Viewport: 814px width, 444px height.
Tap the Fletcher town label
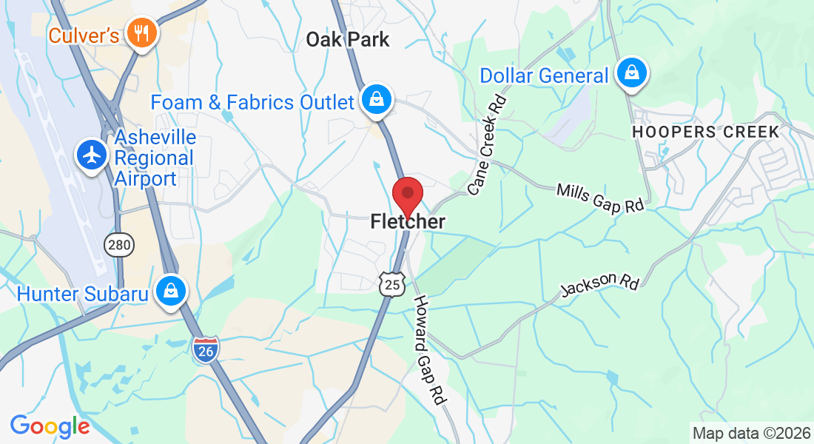point(408,221)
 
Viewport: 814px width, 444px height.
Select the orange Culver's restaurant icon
point(138,33)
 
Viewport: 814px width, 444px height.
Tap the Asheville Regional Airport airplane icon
point(92,155)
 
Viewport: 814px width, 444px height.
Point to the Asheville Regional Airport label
point(155,158)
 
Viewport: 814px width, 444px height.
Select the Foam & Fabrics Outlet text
point(252,102)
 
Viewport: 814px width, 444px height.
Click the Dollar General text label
point(544,75)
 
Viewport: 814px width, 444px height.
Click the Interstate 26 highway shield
point(205,350)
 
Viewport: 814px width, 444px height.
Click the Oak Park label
point(348,40)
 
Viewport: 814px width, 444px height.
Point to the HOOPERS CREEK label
point(704,132)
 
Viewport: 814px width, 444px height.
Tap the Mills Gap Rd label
point(600,199)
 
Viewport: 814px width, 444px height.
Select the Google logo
point(50,426)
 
